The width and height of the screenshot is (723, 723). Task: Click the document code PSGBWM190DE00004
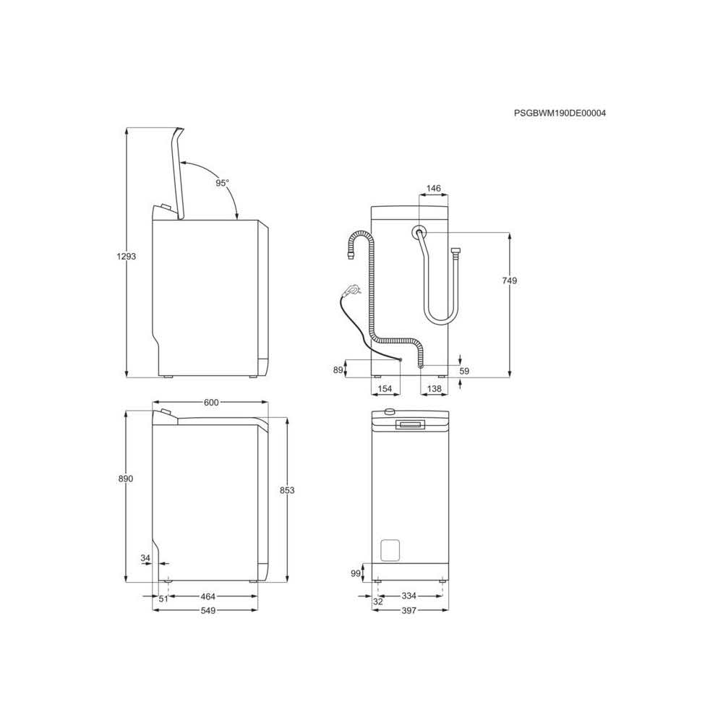click(560, 114)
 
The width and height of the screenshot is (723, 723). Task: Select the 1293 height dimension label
click(127, 257)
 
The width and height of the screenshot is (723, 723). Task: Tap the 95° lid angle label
click(222, 183)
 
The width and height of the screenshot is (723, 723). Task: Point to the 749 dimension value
click(509, 281)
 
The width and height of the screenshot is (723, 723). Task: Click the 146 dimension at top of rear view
click(433, 189)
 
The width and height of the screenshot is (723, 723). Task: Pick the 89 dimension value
click(337, 370)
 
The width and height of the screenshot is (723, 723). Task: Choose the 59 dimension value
click(465, 371)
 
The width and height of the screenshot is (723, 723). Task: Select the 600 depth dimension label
click(210, 403)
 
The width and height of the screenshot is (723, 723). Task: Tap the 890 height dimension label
click(126, 479)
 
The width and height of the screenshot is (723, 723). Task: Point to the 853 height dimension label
click(287, 490)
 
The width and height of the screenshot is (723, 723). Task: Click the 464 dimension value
click(208, 597)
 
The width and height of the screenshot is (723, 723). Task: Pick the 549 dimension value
click(208, 610)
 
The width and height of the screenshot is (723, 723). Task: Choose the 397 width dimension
click(408, 610)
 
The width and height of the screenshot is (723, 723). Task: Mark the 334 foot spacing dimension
click(408, 597)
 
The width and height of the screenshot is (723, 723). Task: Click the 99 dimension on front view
click(355, 573)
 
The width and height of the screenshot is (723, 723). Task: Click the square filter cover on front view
click(390, 549)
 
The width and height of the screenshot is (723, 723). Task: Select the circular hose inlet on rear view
click(419, 233)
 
